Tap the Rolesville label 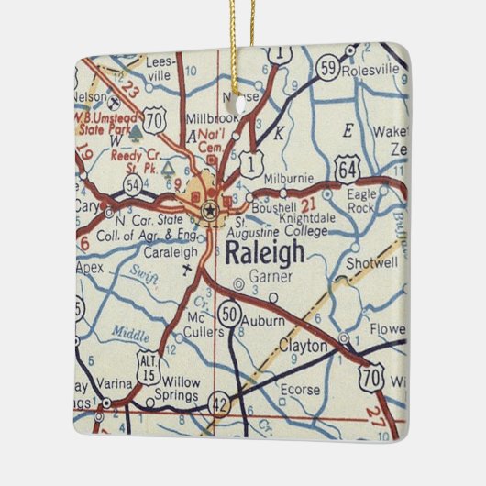(370, 69)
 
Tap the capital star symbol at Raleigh (210, 210)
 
